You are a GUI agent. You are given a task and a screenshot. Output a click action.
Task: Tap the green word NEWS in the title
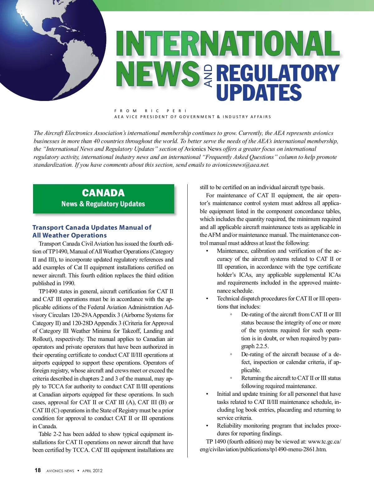tap(158, 74)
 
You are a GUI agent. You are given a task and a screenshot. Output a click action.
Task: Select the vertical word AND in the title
tap(208, 76)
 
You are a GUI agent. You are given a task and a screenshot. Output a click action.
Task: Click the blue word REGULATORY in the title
tap(277, 73)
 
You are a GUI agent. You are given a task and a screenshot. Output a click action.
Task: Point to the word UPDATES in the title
tap(259, 93)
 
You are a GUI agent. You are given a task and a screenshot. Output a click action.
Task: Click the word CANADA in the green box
tap(103, 193)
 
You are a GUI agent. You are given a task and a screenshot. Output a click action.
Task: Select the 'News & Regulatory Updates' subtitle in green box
tap(103, 204)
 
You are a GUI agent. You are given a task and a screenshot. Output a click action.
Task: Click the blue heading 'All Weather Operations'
tap(70, 235)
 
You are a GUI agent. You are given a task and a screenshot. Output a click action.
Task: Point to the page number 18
tap(38, 470)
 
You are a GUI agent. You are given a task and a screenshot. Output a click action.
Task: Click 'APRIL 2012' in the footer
tap(92, 471)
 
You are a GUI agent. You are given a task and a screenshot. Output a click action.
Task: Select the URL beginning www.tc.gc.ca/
tap(324, 442)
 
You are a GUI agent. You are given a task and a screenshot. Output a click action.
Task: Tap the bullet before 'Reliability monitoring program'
tap(207, 426)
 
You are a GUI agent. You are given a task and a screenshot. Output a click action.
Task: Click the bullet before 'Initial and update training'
tap(207, 394)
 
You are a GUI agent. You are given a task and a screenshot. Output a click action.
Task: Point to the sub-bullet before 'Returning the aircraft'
tap(231, 378)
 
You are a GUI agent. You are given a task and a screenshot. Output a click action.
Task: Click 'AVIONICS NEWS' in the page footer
tap(60, 471)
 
